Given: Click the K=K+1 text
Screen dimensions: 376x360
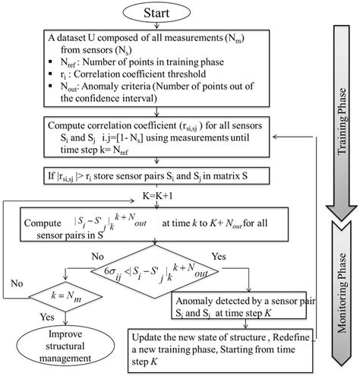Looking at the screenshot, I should click(156, 196).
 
